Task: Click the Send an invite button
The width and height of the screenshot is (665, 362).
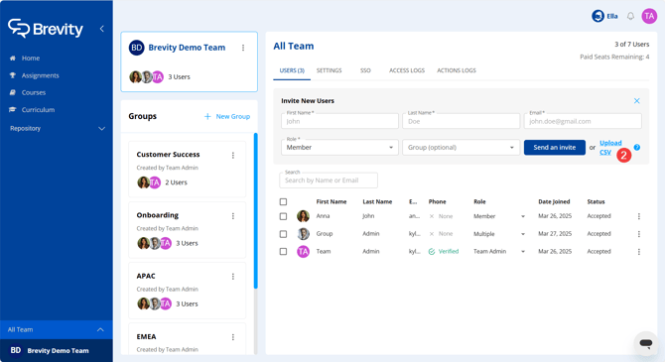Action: click(x=554, y=148)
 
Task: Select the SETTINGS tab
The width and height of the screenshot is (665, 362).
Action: click(x=329, y=70)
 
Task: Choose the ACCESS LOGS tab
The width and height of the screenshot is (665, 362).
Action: click(x=407, y=70)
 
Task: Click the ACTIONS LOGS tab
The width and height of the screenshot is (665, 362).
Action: click(x=457, y=70)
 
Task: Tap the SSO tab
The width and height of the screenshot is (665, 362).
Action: click(x=365, y=70)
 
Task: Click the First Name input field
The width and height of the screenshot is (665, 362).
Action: click(x=339, y=121)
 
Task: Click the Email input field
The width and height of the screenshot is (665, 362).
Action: click(x=583, y=121)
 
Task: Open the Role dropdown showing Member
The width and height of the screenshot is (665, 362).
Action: click(x=339, y=148)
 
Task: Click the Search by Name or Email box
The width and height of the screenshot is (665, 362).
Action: click(x=329, y=181)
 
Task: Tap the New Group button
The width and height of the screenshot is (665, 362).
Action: click(x=227, y=116)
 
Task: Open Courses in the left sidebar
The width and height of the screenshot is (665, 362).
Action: click(x=34, y=92)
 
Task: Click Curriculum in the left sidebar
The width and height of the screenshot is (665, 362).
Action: click(x=38, y=110)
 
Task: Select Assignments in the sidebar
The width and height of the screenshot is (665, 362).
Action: click(x=40, y=75)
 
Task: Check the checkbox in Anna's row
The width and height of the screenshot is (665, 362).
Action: click(x=283, y=216)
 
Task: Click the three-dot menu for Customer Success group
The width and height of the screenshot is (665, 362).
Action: click(x=233, y=155)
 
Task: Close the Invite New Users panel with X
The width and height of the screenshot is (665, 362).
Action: click(x=637, y=101)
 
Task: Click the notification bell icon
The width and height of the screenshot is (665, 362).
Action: click(x=630, y=16)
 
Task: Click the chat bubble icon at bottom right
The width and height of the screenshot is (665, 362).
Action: click(x=646, y=343)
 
